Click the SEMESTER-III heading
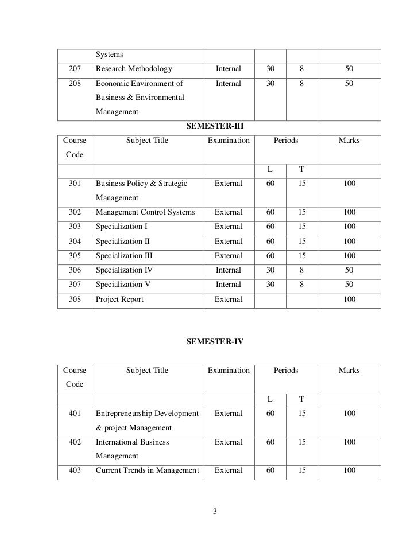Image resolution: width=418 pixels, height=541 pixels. point(215,125)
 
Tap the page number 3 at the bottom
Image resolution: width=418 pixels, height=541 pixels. point(215,512)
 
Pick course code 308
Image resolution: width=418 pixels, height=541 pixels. point(75,299)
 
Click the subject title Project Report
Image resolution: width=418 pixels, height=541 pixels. point(119,299)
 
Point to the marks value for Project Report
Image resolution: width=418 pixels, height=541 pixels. point(349,299)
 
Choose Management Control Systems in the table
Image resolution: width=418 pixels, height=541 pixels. point(145,212)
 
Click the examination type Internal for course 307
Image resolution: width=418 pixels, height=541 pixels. point(229,285)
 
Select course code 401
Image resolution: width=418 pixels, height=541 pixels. point(75,414)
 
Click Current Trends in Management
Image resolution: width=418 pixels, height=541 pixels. point(147,471)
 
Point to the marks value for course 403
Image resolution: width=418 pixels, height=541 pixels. point(349,471)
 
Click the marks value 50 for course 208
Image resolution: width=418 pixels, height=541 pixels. point(349,84)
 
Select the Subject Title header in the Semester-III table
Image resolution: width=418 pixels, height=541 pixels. point(147,141)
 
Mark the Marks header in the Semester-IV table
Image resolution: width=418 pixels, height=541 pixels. point(349,371)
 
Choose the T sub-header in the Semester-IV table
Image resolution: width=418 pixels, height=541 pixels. point(301,399)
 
